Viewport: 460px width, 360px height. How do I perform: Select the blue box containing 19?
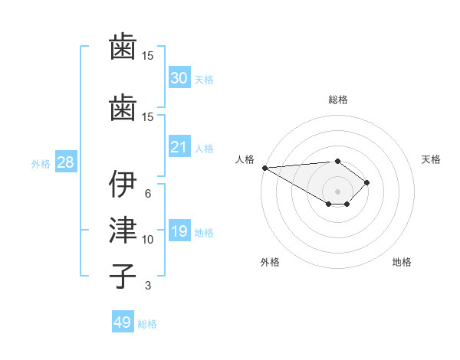(x=179, y=231)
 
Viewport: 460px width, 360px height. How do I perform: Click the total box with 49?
(x=123, y=322)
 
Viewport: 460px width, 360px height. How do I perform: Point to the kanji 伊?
(x=123, y=185)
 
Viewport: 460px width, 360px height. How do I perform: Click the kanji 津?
(x=123, y=231)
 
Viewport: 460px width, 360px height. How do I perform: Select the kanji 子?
(x=123, y=276)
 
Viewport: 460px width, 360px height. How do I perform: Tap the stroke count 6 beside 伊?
(x=148, y=194)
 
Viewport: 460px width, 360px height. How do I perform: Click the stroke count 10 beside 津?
(x=148, y=240)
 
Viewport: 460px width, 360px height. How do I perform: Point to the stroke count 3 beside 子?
(x=148, y=286)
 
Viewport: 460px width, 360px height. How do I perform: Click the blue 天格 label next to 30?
(x=203, y=79)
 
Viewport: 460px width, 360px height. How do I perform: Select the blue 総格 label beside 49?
(x=147, y=324)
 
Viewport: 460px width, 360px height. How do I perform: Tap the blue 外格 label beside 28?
(x=41, y=163)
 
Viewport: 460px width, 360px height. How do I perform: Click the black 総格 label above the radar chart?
(x=337, y=100)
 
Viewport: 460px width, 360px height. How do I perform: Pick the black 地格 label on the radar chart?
(x=402, y=262)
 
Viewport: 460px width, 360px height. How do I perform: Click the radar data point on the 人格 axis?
(x=264, y=167)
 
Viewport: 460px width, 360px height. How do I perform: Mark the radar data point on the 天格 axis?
(x=368, y=182)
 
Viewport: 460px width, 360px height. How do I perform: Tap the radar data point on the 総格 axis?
(x=337, y=161)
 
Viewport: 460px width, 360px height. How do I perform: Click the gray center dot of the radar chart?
(x=337, y=191)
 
